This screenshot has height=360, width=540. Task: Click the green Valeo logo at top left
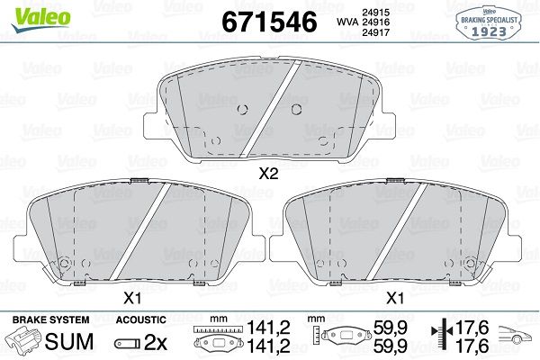(x=41, y=19)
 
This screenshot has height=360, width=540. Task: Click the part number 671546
(x=269, y=22)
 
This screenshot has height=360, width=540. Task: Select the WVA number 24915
(x=375, y=13)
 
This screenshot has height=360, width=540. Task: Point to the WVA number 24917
(x=375, y=32)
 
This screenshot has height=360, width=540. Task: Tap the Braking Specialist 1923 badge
(x=489, y=23)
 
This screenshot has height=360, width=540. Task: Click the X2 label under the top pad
(x=268, y=174)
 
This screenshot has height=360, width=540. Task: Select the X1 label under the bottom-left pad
(x=132, y=298)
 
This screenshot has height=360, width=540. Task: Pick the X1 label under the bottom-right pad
(x=395, y=298)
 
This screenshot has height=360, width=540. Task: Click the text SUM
(x=69, y=342)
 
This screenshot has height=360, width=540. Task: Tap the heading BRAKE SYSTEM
(x=50, y=319)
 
